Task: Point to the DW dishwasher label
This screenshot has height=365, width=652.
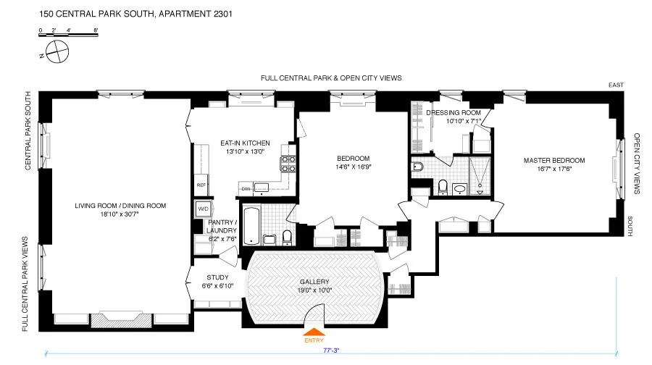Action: (246, 188)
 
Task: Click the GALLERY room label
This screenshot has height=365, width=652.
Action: (314, 282)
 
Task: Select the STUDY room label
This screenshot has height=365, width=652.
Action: (217, 277)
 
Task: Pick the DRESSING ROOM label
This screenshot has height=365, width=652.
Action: (454, 113)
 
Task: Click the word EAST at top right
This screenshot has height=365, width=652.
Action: (616, 85)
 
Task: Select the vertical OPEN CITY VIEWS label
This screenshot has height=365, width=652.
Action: (637, 163)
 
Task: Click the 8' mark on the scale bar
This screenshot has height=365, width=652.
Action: (96, 30)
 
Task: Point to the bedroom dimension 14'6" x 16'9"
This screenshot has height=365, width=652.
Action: (354, 167)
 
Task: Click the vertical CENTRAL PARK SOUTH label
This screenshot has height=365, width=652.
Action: (28, 130)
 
